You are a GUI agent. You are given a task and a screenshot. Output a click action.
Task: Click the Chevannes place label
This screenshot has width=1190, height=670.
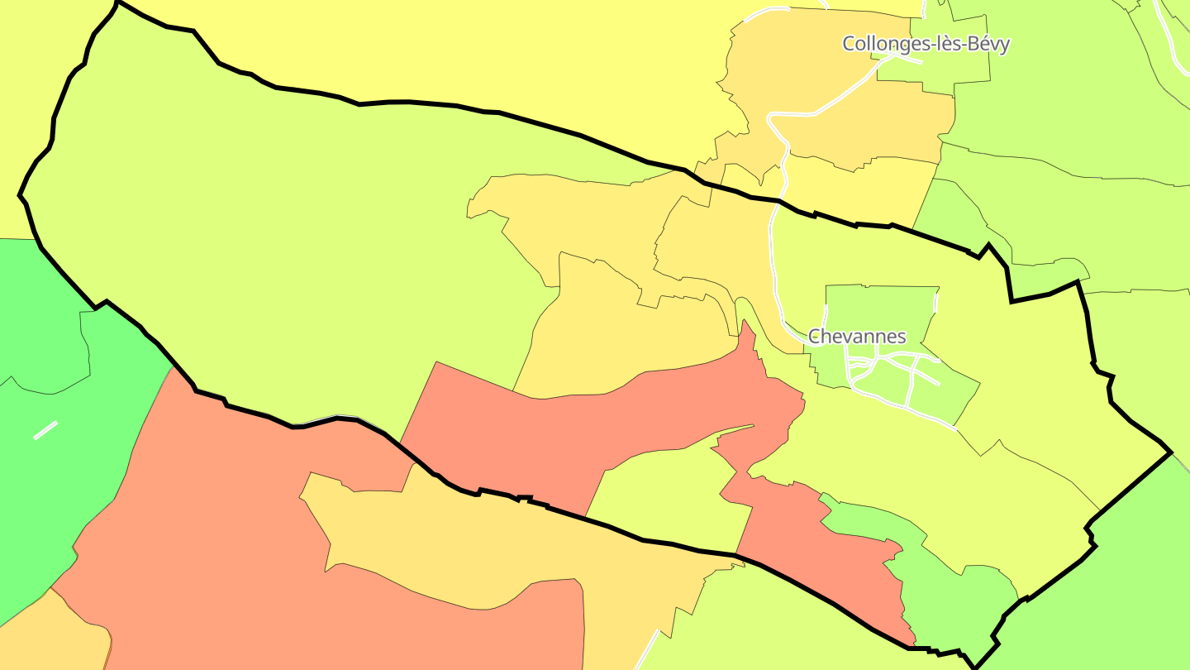tap(857, 337)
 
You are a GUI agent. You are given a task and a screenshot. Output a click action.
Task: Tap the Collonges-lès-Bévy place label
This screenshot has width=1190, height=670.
tap(926, 44)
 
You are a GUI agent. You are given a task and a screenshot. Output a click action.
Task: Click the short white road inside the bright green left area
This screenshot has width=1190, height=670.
tap(45, 430)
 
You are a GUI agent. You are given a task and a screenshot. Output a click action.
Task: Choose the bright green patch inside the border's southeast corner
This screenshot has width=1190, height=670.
tap(959, 596)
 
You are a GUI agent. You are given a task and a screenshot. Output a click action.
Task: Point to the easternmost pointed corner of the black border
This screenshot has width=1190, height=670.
tap(1171, 452)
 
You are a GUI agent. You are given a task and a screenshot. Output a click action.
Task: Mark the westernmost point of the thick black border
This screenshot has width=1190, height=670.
tap(20, 196)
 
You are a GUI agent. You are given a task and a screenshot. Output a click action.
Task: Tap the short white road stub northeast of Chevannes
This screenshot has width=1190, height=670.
tap(936, 303)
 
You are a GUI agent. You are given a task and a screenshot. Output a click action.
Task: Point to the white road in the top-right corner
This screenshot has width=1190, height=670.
tap(1173, 33)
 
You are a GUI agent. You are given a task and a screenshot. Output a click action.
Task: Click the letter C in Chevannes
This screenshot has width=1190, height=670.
tap(815, 337)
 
